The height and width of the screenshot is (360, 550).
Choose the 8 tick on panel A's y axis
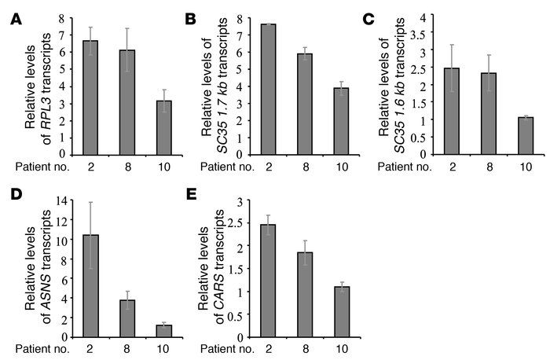(59, 17)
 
